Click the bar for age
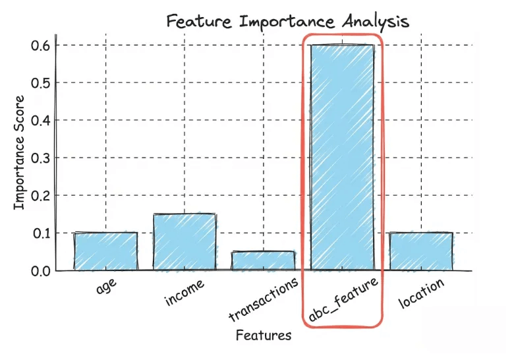pos(105,251)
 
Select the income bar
pos(185,242)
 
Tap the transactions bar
pos(263,260)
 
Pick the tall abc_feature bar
pos(342,158)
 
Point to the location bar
pos(421,251)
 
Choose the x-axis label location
pos(422,293)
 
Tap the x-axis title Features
pos(263,336)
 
